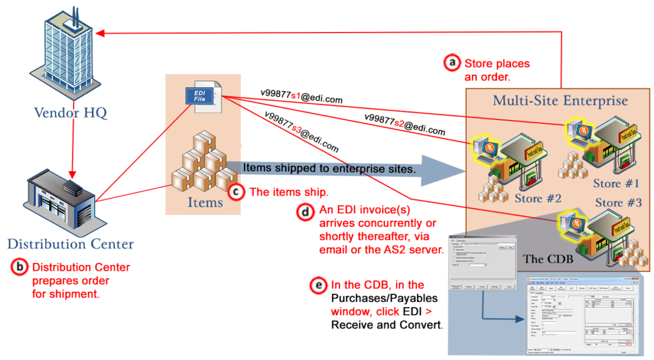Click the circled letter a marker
pos(452,63)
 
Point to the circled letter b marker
pos(20,267)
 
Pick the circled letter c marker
pos(236,191)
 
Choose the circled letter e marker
pos(317,285)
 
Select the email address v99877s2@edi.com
pos(404,124)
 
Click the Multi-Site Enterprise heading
pos(560,100)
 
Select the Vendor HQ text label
pos(62,114)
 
